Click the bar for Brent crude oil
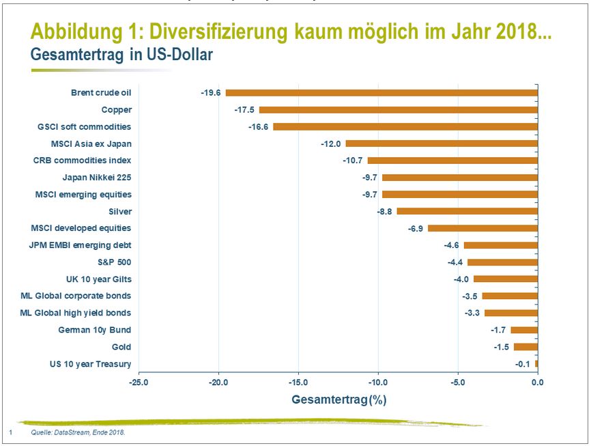point(381,93)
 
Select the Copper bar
point(399,110)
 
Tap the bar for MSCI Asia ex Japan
point(442,143)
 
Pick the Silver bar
point(467,211)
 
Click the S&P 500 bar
point(502,262)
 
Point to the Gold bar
point(525,347)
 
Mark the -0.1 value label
point(523,364)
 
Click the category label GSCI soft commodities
point(84,127)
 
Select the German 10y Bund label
point(95,330)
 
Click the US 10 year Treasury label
point(90,364)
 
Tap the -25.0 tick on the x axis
point(139,382)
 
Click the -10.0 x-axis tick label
point(378,382)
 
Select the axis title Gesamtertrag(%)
point(338,399)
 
